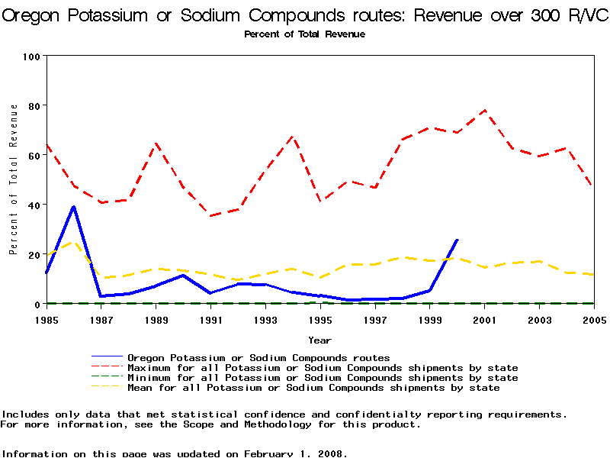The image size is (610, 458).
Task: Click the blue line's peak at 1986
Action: (x=73, y=206)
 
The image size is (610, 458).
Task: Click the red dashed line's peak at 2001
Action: (x=484, y=110)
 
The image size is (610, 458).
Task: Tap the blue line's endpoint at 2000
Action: (x=457, y=240)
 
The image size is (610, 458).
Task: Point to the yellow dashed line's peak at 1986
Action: (x=73, y=243)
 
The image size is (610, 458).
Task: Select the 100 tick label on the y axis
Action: (x=31, y=56)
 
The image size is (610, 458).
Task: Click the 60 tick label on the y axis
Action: (x=34, y=156)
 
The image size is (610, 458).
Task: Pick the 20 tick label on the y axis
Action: (x=34, y=255)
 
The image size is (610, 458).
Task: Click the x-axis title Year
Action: (x=319, y=340)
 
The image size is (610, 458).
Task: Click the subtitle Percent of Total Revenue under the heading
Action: (x=304, y=34)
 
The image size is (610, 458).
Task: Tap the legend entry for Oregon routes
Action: (x=258, y=357)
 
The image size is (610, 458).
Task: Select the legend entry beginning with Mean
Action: (x=313, y=388)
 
